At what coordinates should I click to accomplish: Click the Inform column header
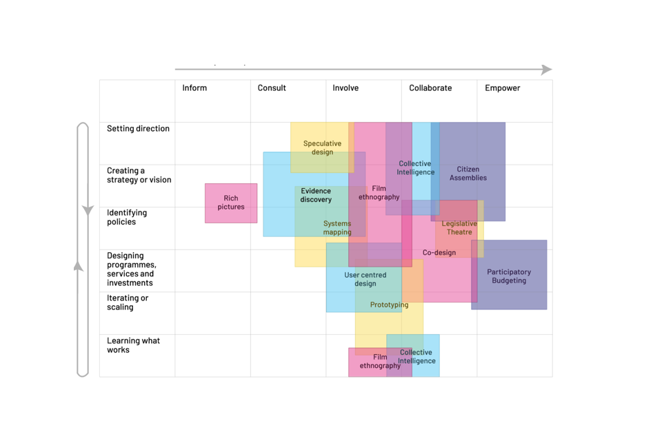coord(194,88)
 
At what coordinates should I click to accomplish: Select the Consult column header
coord(272,88)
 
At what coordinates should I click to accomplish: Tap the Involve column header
coord(345,88)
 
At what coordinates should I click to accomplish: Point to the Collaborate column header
coord(430,88)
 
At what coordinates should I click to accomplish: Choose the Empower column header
coord(502,88)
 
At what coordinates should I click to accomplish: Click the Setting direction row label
coord(138,129)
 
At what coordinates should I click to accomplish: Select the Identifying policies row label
coord(127,217)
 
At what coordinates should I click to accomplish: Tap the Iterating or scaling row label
coord(128,302)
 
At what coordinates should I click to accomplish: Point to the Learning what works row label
coord(133,345)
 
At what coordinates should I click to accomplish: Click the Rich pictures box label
coord(231,203)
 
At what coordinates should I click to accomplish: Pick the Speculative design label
coord(322,147)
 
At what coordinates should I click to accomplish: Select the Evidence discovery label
coord(316,195)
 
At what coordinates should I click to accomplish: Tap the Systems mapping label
coord(337,228)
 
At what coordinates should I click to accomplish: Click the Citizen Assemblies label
coord(468,174)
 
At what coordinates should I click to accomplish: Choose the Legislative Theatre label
coord(459,228)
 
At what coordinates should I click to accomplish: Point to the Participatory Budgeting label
coord(509,276)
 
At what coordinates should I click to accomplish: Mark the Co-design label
coord(439,253)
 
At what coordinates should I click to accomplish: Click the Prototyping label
coord(389,305)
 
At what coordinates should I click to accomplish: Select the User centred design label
coord(365,279)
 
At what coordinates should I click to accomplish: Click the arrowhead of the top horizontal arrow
coord(547,70)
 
